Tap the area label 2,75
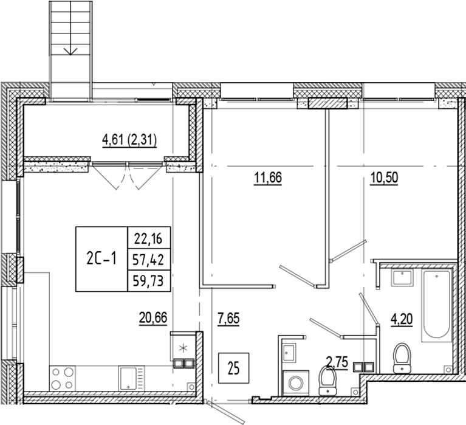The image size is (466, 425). [338, 365]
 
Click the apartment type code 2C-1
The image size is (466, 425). [101, 259]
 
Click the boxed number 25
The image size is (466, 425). [233, 368]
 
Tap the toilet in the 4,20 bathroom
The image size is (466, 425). [402, 358]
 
